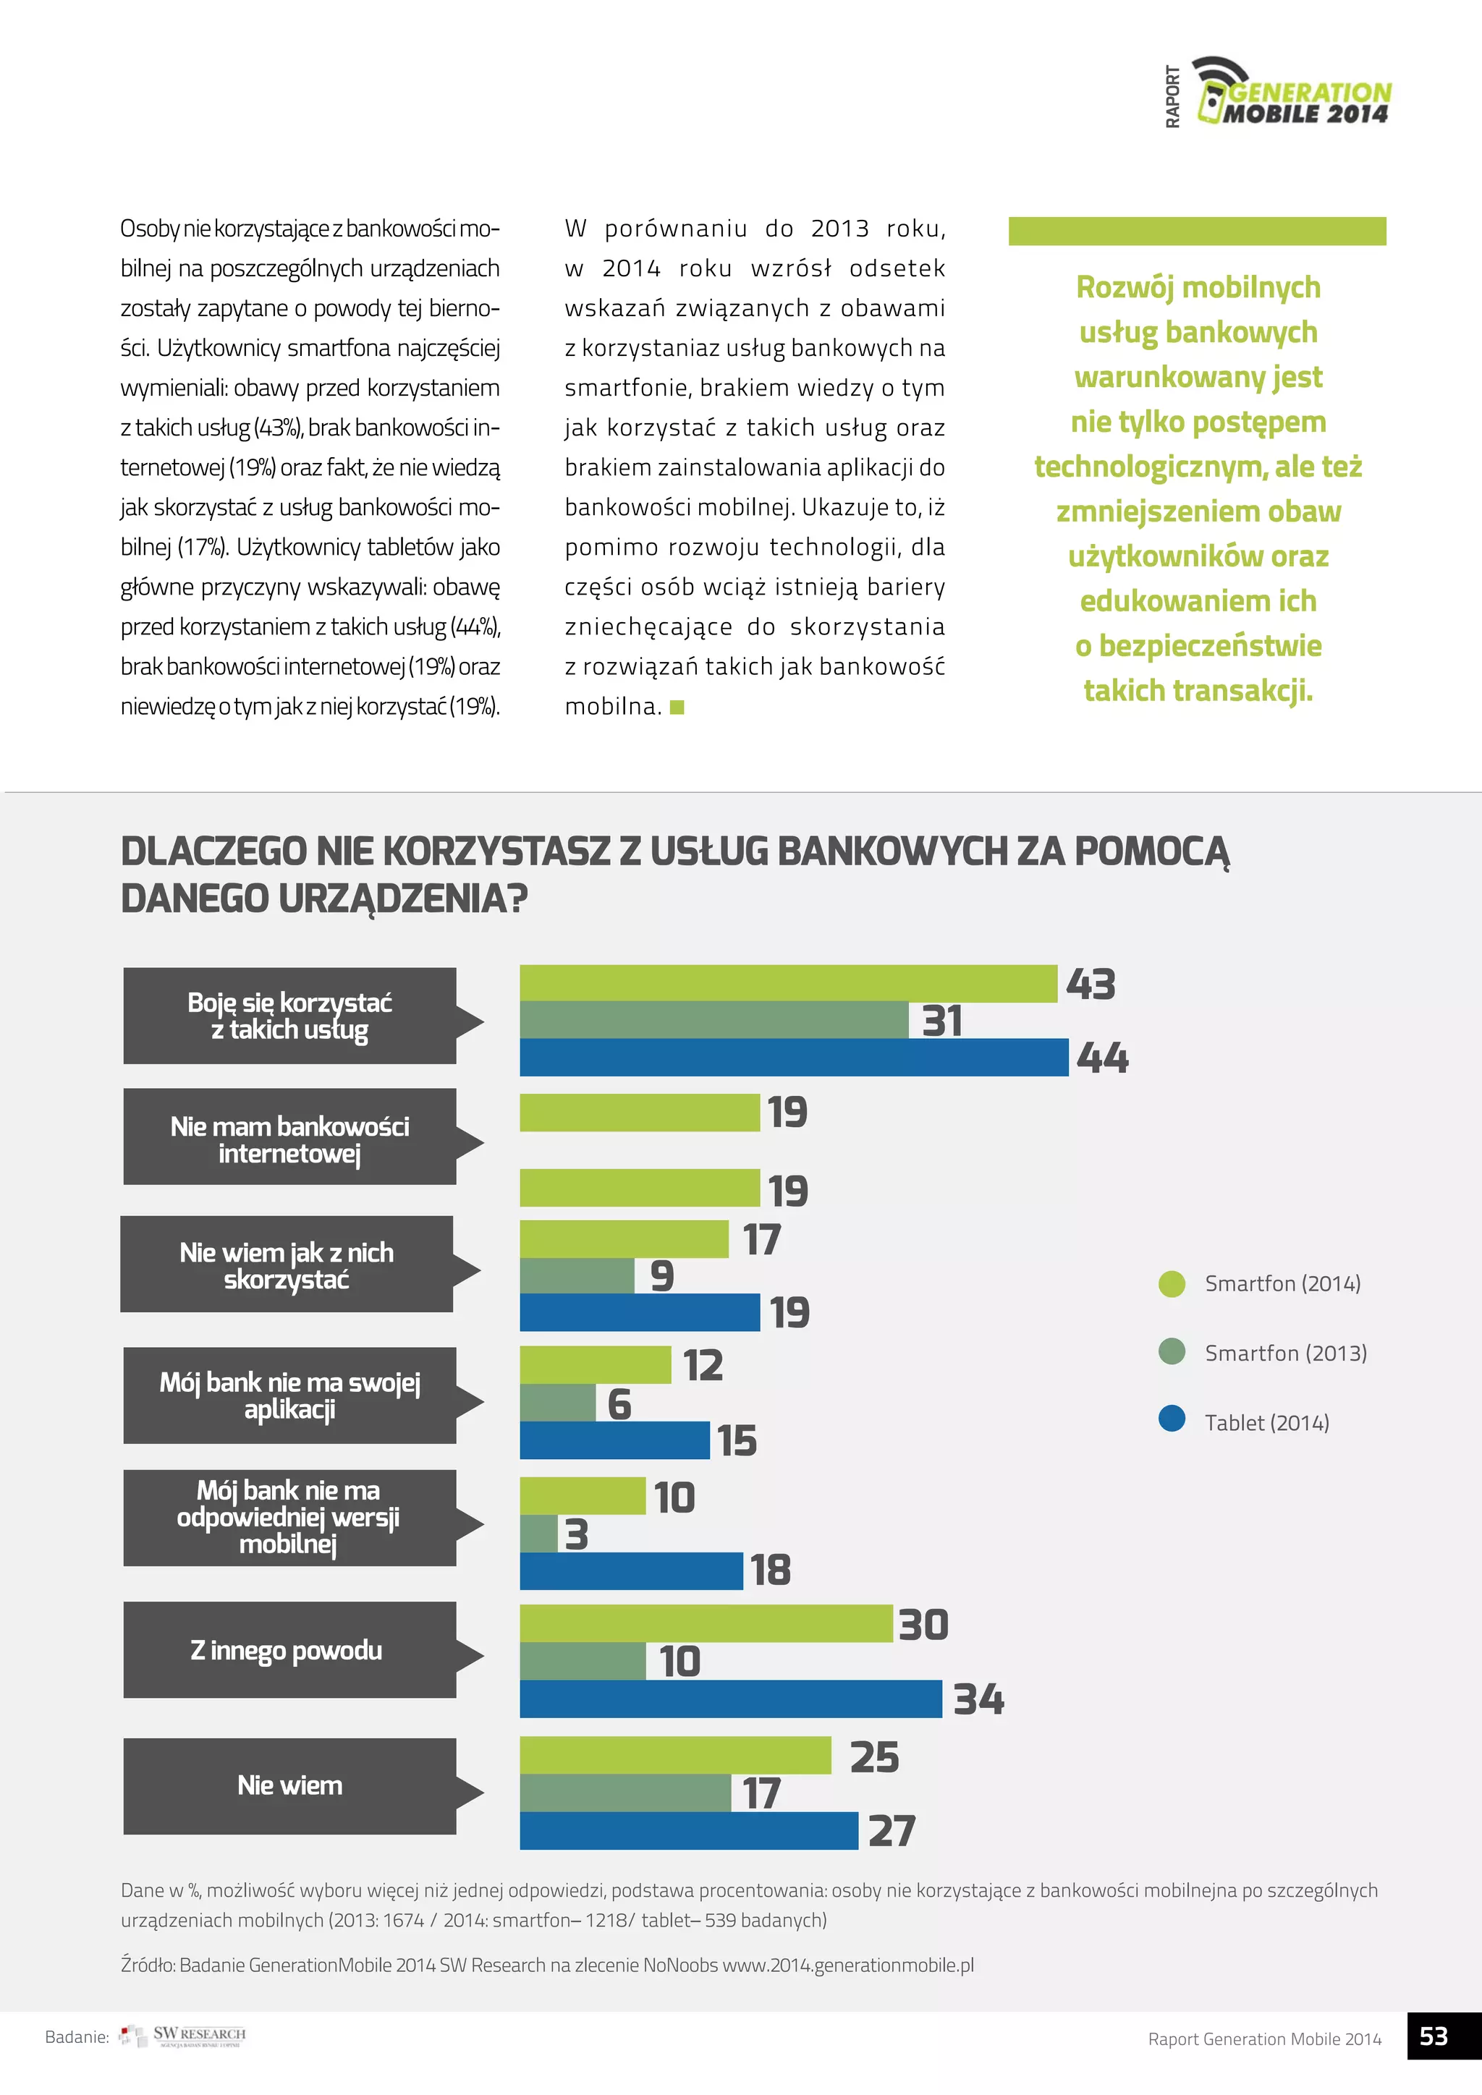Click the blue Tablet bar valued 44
(793, 1058)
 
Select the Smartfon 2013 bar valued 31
(714, 1020)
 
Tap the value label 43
(1091, 985)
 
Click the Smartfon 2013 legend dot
(1171, 1351)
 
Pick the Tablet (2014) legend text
(1266, 1422)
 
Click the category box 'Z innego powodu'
(289, 1651)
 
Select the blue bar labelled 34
(730, 1699)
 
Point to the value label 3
(577, 1535)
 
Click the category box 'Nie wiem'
(289, 1785)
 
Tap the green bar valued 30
(706, 1624)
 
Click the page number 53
(1434, 2036)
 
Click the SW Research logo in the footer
(185, 2036)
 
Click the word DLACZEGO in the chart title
(213, 851)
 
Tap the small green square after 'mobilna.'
(677, 707)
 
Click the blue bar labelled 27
(688, 1831)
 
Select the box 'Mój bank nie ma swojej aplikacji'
(289, 1395)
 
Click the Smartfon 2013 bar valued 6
(558, 1403)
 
